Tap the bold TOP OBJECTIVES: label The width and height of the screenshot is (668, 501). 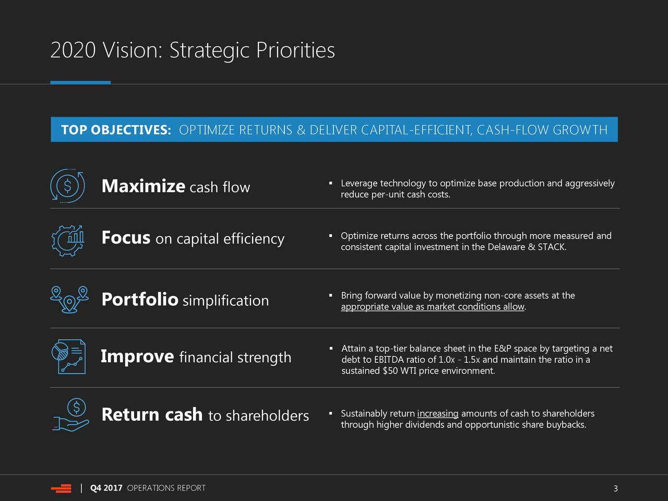[x=116, y=130]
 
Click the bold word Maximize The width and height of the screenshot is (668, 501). [x=144, y=186]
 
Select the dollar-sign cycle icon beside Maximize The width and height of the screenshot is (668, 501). [x=67, y=186]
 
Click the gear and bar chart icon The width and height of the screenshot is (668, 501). [x=67, y=241]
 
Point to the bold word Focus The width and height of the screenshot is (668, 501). [x=126, y=237]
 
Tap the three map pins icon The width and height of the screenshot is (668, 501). [x=69, y=300]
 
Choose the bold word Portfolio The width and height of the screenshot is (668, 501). [x=140, y=300]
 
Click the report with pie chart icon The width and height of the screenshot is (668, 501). [x=68, y=356]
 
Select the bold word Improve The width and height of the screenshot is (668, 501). [x=137, y=356]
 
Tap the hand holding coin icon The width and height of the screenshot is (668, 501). [x=70, y=415]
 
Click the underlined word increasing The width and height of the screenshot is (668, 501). [x=438, y=414]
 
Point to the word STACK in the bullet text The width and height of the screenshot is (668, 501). [x=552, y=247]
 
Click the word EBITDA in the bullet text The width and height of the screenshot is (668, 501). [x=388, y=360]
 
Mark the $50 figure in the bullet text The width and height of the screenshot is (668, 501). [x=390, y=371]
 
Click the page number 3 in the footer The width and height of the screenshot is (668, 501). [x=615, y=488]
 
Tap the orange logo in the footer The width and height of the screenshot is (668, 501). [x=61, y=488]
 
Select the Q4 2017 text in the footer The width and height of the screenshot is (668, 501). [x=106, y=488]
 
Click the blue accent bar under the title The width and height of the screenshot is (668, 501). [x=80, y=82]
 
